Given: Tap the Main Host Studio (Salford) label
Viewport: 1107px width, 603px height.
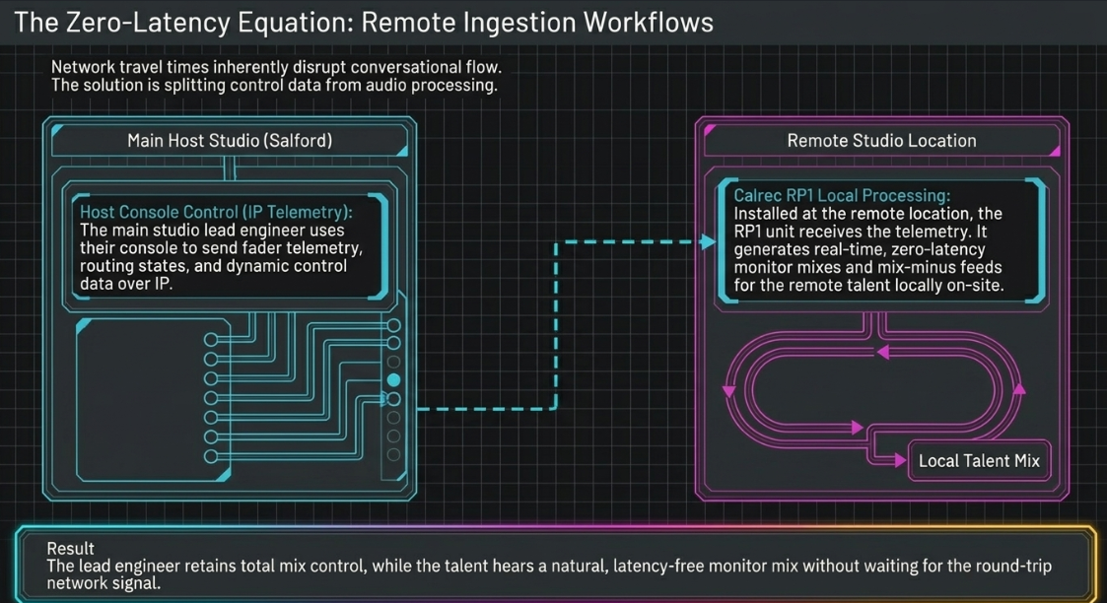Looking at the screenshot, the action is point(230,140).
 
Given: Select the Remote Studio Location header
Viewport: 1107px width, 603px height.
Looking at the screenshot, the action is point(882,140).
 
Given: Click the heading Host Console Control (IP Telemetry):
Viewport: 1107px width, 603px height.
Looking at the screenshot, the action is point(216,212).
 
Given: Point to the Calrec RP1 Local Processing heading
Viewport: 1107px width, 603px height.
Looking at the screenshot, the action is point(842,195).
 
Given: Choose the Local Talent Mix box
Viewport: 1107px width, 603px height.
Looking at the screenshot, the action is point(979,460).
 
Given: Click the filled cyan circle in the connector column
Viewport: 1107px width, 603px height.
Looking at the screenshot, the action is point(394,380).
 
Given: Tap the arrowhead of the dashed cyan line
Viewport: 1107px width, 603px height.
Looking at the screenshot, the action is point(708,242).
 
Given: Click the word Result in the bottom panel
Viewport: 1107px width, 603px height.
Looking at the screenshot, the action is point(70,548).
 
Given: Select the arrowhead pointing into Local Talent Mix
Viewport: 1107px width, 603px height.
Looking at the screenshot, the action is point(900,460).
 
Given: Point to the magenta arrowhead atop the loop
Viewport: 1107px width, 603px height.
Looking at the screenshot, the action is point(882,352).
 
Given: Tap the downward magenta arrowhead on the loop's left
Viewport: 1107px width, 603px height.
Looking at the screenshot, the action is point(728,391).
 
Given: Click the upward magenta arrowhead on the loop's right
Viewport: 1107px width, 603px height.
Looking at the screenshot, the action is point(1018,388).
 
